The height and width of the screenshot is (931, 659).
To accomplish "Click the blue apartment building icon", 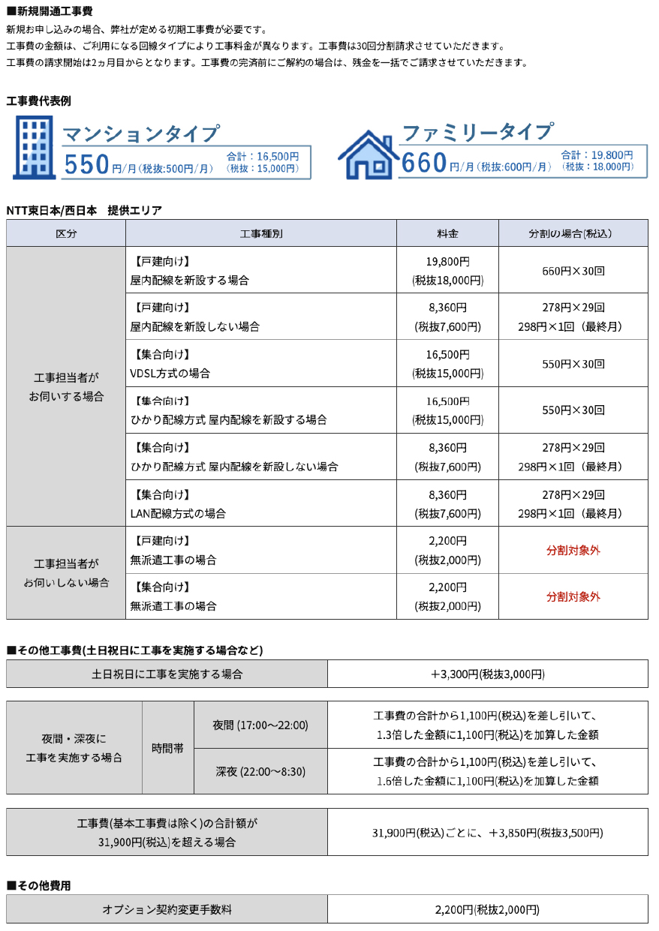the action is click(x=33, y=147).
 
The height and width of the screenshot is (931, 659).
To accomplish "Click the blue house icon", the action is click(x=368, y=154).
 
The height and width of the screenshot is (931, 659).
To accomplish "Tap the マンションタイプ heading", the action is click(x=141, y=134).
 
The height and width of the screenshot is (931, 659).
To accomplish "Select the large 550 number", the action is click(x=87, y=164).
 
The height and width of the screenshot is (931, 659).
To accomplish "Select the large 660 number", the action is click(x=425, y=163).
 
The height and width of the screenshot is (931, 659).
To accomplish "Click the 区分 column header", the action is click(x=66, y=233).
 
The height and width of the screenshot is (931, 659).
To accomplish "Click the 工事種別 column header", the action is click(x=260, y=233).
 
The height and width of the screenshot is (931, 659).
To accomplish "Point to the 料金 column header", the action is click(x=447, y=233).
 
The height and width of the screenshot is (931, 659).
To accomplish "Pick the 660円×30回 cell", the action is click(x=573, y=270).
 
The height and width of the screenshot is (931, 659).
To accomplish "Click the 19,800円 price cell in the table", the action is click(x=447, y=262).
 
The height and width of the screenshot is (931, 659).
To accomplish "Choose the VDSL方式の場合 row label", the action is click(x=170, y=373).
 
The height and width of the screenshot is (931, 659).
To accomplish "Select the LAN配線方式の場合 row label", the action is click(x=178, y=514).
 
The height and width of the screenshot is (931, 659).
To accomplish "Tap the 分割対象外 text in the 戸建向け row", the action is click(x=573, y=550).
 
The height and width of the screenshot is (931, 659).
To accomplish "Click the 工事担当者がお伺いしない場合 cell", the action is click(x=66, y=572).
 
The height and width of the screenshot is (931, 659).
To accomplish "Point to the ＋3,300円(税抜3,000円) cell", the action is click(x=487, y=674).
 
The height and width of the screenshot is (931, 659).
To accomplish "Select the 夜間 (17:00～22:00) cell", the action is click(x=260, y=725).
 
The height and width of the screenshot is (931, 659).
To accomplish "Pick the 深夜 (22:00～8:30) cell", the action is click(x=260, y=771).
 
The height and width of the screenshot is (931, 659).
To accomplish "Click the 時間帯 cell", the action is click(x=167, y=748).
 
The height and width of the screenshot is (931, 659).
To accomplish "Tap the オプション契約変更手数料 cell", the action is click(x=167, y=909).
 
